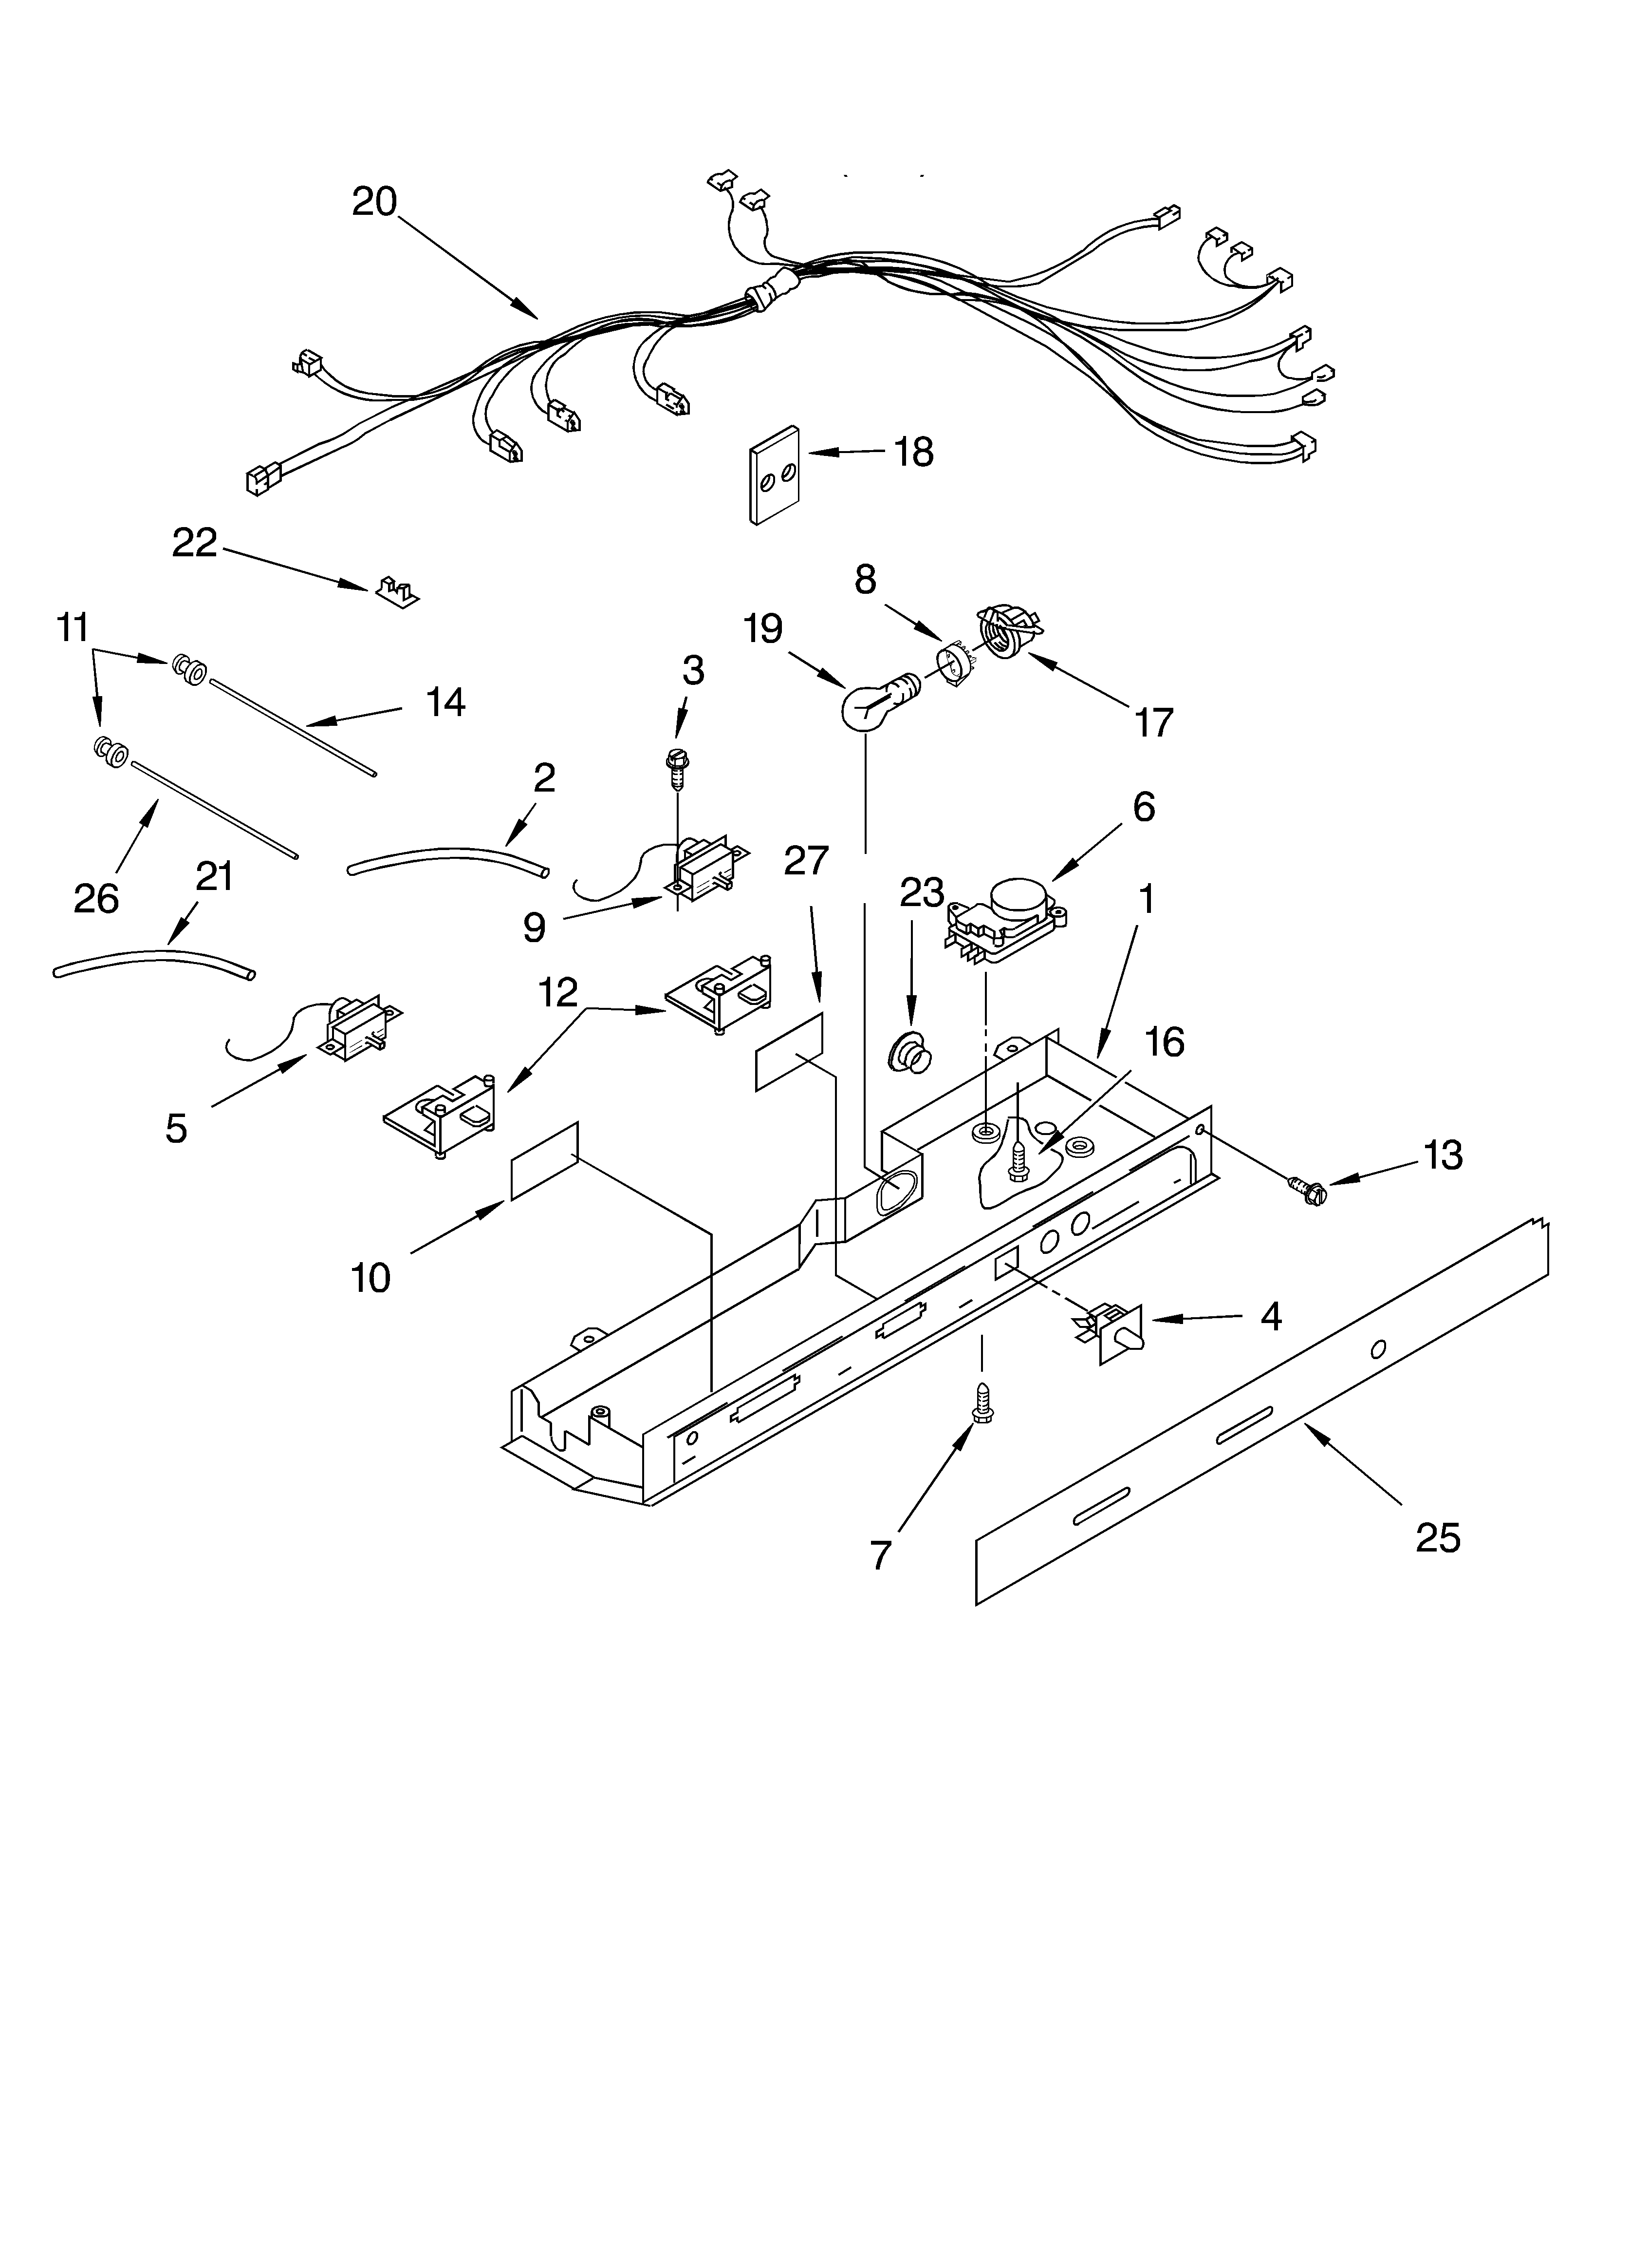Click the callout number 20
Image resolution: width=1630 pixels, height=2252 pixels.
374,202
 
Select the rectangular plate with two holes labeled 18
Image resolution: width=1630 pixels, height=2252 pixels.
775,474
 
